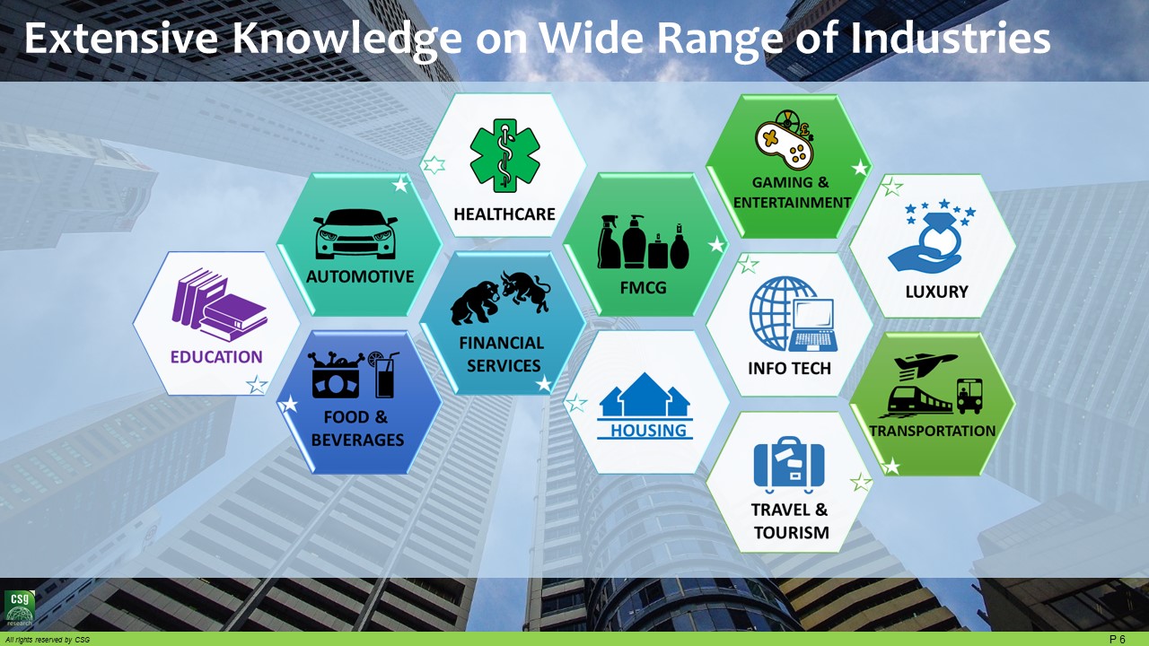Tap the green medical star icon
(x=504, y=156)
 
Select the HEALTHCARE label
(x=504, y=214)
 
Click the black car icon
(x=355, y=234)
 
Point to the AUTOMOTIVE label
(x=360, y=277)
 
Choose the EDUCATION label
(x=216, y=357)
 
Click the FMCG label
(x=644, y=288)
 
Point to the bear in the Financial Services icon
(x=475, y=302)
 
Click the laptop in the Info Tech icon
(x=813, y=326)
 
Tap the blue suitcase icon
(x=789, y=464)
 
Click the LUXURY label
(x=936, y=292)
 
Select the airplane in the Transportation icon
(x=925, y=363)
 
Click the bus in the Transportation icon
(x=969, y=396)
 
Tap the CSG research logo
(x=20, y=608)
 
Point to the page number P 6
(x=1117, y=640)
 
